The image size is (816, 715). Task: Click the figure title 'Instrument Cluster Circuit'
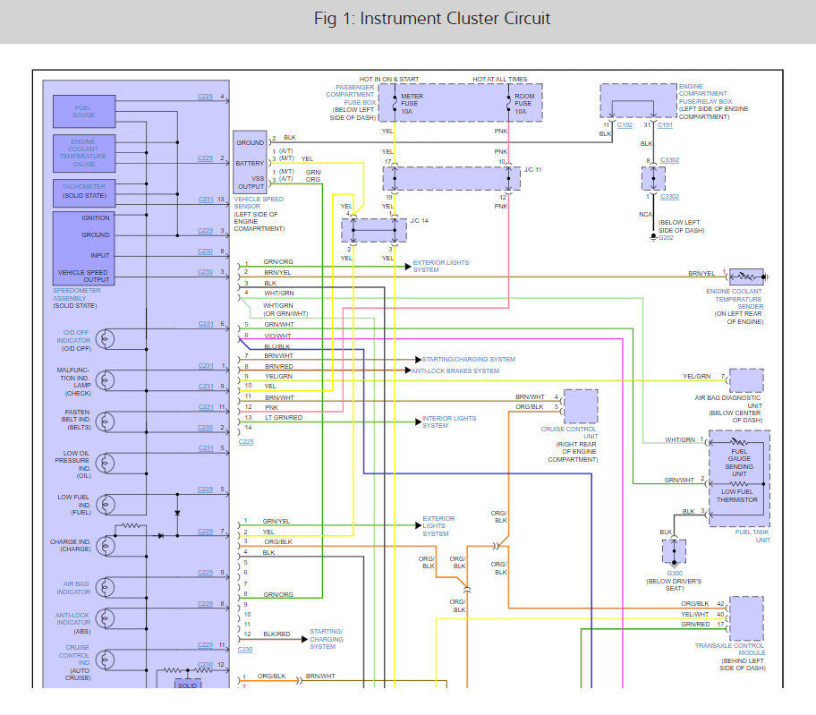[x=432, y=19]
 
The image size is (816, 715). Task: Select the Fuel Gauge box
[x=84, y=111]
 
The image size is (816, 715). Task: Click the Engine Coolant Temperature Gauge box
[x=84, y=153]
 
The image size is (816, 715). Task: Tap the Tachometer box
[x=84, y=190]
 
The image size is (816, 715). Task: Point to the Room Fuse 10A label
[x=524, y=103]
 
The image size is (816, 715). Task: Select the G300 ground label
[x=674, y=571]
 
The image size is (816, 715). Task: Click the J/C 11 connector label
[x=533, y=168]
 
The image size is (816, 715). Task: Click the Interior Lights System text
[x=449, y=421]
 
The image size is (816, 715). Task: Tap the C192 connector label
[x=625, y=126]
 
